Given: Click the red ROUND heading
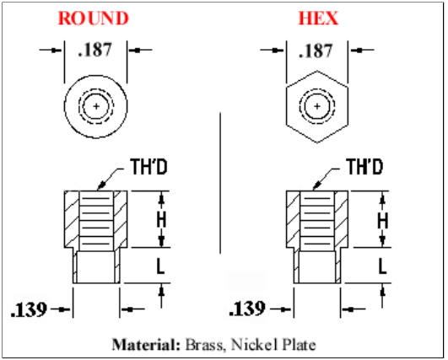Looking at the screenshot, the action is tap(94, 19).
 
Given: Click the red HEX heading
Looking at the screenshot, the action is tap(318, 19).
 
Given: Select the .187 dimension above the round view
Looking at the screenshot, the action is tap(94, 50).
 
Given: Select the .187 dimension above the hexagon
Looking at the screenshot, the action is tap(316, 51).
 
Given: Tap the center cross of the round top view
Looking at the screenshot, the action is tap(96, 106).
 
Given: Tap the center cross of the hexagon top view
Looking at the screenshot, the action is tap(317, 106).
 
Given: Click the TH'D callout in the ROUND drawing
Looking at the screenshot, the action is tap(148, 167).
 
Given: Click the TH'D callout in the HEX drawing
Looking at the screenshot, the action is tap(364, 167).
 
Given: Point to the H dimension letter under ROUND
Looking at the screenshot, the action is tap(161, 220).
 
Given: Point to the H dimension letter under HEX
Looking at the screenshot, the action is tap(382, 220).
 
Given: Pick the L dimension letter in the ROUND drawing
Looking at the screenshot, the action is tap(160, 266).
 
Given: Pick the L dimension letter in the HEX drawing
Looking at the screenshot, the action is tap(382, 266).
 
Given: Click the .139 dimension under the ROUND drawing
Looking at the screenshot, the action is tap(29, 309).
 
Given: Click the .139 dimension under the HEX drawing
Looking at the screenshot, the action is tap(247, 309).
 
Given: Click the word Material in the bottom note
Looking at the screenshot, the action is tap(146, 345).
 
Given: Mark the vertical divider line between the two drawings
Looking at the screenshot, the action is tap(220, 183).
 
